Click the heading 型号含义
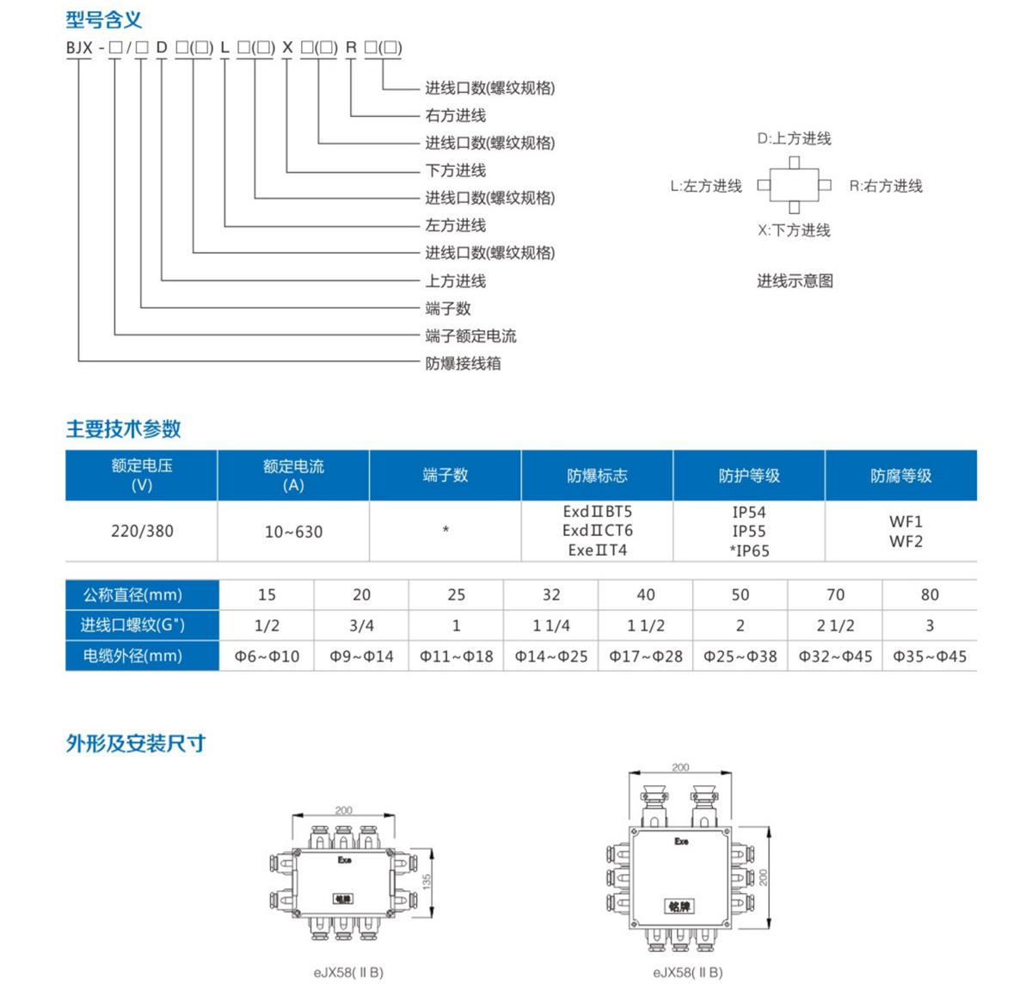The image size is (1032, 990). [104, 20]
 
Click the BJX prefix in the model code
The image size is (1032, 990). [79, 47]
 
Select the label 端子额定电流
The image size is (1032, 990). [470, 335]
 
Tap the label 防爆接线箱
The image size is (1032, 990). [463, 363]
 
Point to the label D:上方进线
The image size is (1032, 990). [794, 139]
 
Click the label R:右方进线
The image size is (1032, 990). [886, 186]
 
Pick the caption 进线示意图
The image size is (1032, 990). [795, 281]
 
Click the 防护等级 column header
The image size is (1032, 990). [749, 476]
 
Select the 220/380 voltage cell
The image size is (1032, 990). [142, 532]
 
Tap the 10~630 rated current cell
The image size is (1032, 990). [294, 532]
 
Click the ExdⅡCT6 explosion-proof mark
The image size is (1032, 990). [598, 531]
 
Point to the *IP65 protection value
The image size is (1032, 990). [749, 551]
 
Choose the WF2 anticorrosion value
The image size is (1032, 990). [906, 541]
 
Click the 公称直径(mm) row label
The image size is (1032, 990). [132, 594]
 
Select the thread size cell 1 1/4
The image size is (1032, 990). [551, 625]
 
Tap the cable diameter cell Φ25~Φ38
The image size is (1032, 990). [740, 656]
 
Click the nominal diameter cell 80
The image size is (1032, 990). [930, 594]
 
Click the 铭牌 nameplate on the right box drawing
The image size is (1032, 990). [679, 907]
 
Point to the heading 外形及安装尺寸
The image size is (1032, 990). [136, 743]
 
